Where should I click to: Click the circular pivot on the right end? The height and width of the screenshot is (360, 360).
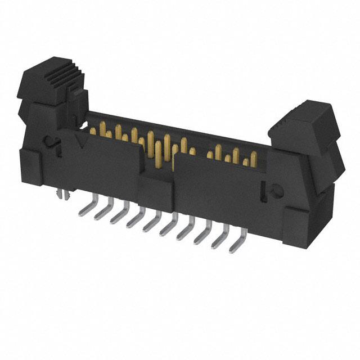pos(277,191)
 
